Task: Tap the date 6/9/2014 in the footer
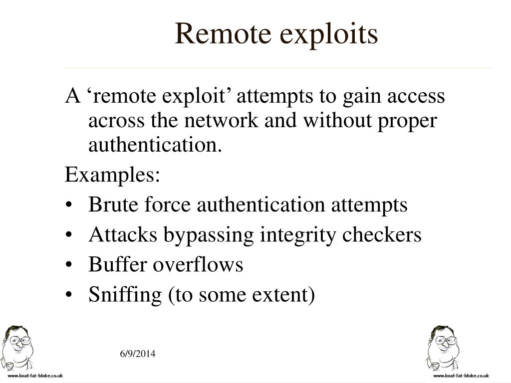(x=138, y=354)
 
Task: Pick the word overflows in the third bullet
(x=198, y=265)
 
